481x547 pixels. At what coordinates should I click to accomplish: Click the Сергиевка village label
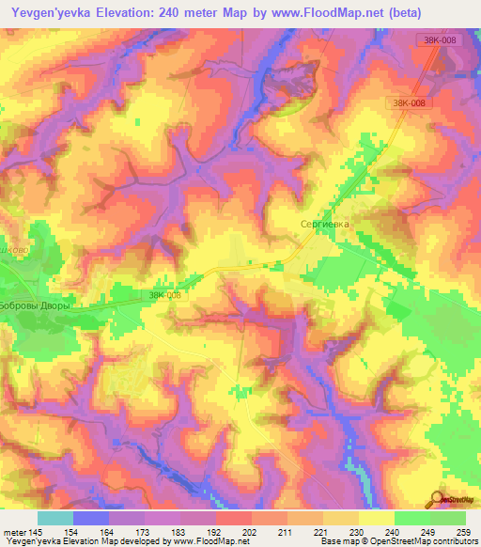pos(324,225)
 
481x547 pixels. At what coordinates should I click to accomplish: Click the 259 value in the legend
pos(459,531)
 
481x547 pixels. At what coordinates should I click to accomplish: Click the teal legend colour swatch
pos(55,517)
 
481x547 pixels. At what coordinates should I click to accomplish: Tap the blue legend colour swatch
pos(91,517)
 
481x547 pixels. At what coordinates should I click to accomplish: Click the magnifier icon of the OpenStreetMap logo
pos(437,500)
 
